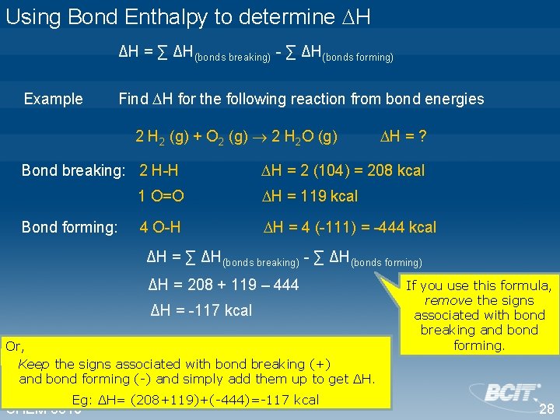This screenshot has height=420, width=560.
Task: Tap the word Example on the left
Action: (x=53, y=99)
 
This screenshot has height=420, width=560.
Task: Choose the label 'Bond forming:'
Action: (x=69, y=227)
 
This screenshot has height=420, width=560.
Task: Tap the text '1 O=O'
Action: (x=161, y=196)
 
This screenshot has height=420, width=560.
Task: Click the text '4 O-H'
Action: (x=159, y=227)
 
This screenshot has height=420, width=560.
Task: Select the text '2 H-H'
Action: (x=158, y=170)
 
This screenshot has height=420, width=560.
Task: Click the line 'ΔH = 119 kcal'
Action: (x=310, y=196)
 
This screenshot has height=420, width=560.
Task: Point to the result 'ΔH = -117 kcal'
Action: (x=201, y=310)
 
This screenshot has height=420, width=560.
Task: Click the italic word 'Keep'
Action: (x=34, y=364)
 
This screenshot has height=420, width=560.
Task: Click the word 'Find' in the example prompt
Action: (x=132, y=99)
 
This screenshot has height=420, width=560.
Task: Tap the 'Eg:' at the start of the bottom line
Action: (x=82, y=400)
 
